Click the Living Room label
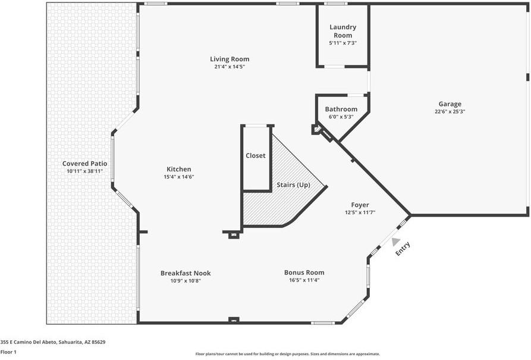coord(230,59)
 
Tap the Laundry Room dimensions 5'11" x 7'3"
coord(343,43)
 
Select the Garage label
coord(450,104)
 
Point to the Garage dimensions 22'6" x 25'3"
coord(450,111)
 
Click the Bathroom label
coord(341,109)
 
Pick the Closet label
coord(256,156)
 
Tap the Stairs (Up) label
coord(294,185)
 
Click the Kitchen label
coord(179,169)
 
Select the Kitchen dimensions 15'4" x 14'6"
coord(179,177)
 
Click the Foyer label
coord(360,205)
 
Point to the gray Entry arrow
coord(395,241)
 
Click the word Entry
coord(404,249)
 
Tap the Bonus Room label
coord(304,273)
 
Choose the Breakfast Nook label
coord(186,273)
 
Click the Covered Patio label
coord(85,164)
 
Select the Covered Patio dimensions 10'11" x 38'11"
coord(85,171)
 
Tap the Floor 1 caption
coord(8,352)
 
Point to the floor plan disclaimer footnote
coord(288,354)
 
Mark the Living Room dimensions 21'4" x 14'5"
coord(230,67)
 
